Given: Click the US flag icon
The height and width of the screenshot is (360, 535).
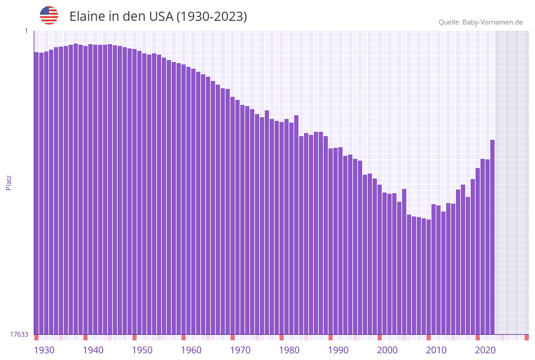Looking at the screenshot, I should [49, 15].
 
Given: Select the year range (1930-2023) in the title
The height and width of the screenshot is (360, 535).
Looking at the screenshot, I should [211, 17].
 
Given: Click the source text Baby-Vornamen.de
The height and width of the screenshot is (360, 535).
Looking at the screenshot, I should [492, 23].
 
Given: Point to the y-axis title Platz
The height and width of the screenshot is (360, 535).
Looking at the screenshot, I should [9, 182].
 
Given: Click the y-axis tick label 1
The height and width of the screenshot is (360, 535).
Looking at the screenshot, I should [26, 31].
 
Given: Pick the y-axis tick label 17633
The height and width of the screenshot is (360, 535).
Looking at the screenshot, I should [19, 334].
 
